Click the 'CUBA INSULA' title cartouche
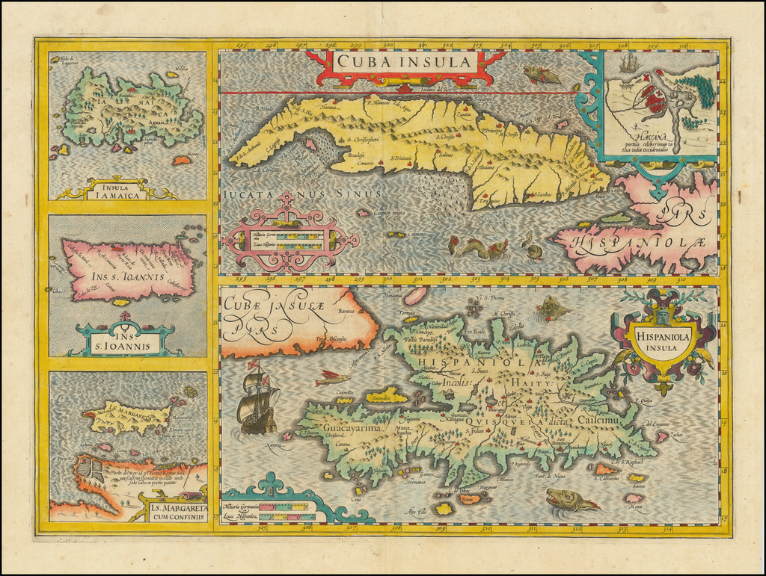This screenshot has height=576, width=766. (x=405, y=63)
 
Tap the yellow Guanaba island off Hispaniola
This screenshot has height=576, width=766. (x=386, y=395)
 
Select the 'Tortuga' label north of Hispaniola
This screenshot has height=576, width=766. (x=408, y=312)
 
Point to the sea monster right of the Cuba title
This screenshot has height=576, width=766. (x=542, y=74)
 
